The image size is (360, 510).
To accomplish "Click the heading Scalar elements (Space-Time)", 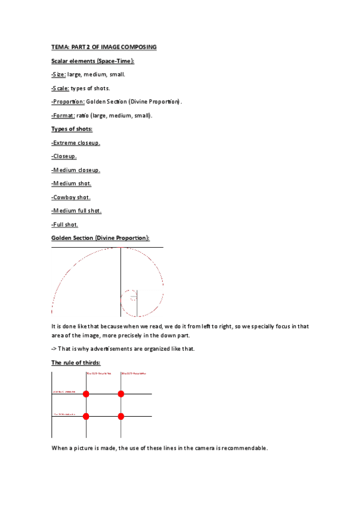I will click(x=93, y=61).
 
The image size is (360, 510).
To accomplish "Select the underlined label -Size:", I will click(x=59, y=75).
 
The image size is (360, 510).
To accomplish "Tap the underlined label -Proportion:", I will click(x=68, y=102).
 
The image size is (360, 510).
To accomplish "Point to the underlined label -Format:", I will click(x=63, y=115).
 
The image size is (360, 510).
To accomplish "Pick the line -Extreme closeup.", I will click(x=76, y=143).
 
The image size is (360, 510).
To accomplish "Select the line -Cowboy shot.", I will click(x=71, y=197).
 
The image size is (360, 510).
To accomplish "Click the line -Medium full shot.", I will click(x=76, y=211).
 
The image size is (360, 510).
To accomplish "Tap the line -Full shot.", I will click(x=65, y=225).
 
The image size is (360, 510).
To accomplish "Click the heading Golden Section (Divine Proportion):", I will click(x=100, y=238).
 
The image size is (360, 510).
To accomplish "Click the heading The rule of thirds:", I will click(x=76, y=363).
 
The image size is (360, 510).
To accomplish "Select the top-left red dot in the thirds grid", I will click(x=86, y=394).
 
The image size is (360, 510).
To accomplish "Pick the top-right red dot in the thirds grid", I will click(x=121, y=394).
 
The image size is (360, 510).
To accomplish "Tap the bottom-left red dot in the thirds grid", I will click(x=86, y=416).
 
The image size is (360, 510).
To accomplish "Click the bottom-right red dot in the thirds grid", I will click(x=121, y=416).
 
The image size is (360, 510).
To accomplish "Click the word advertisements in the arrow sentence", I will click(x=106, y=349).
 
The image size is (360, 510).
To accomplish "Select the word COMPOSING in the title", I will click(x=135, y=47).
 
